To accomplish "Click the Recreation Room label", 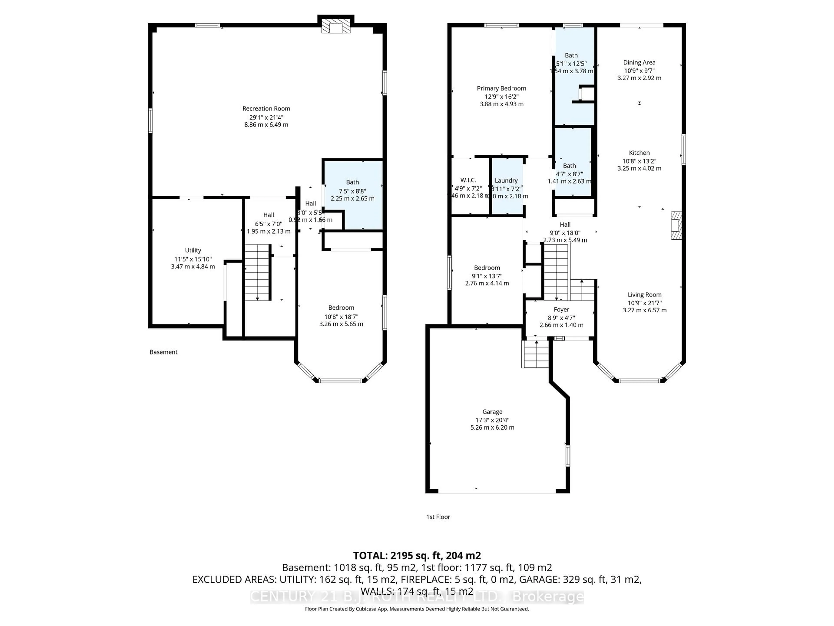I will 266,109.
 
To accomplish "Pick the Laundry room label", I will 506,181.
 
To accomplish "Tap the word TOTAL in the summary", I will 369,555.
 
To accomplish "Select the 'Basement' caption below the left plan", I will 163,352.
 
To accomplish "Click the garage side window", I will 568,455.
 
